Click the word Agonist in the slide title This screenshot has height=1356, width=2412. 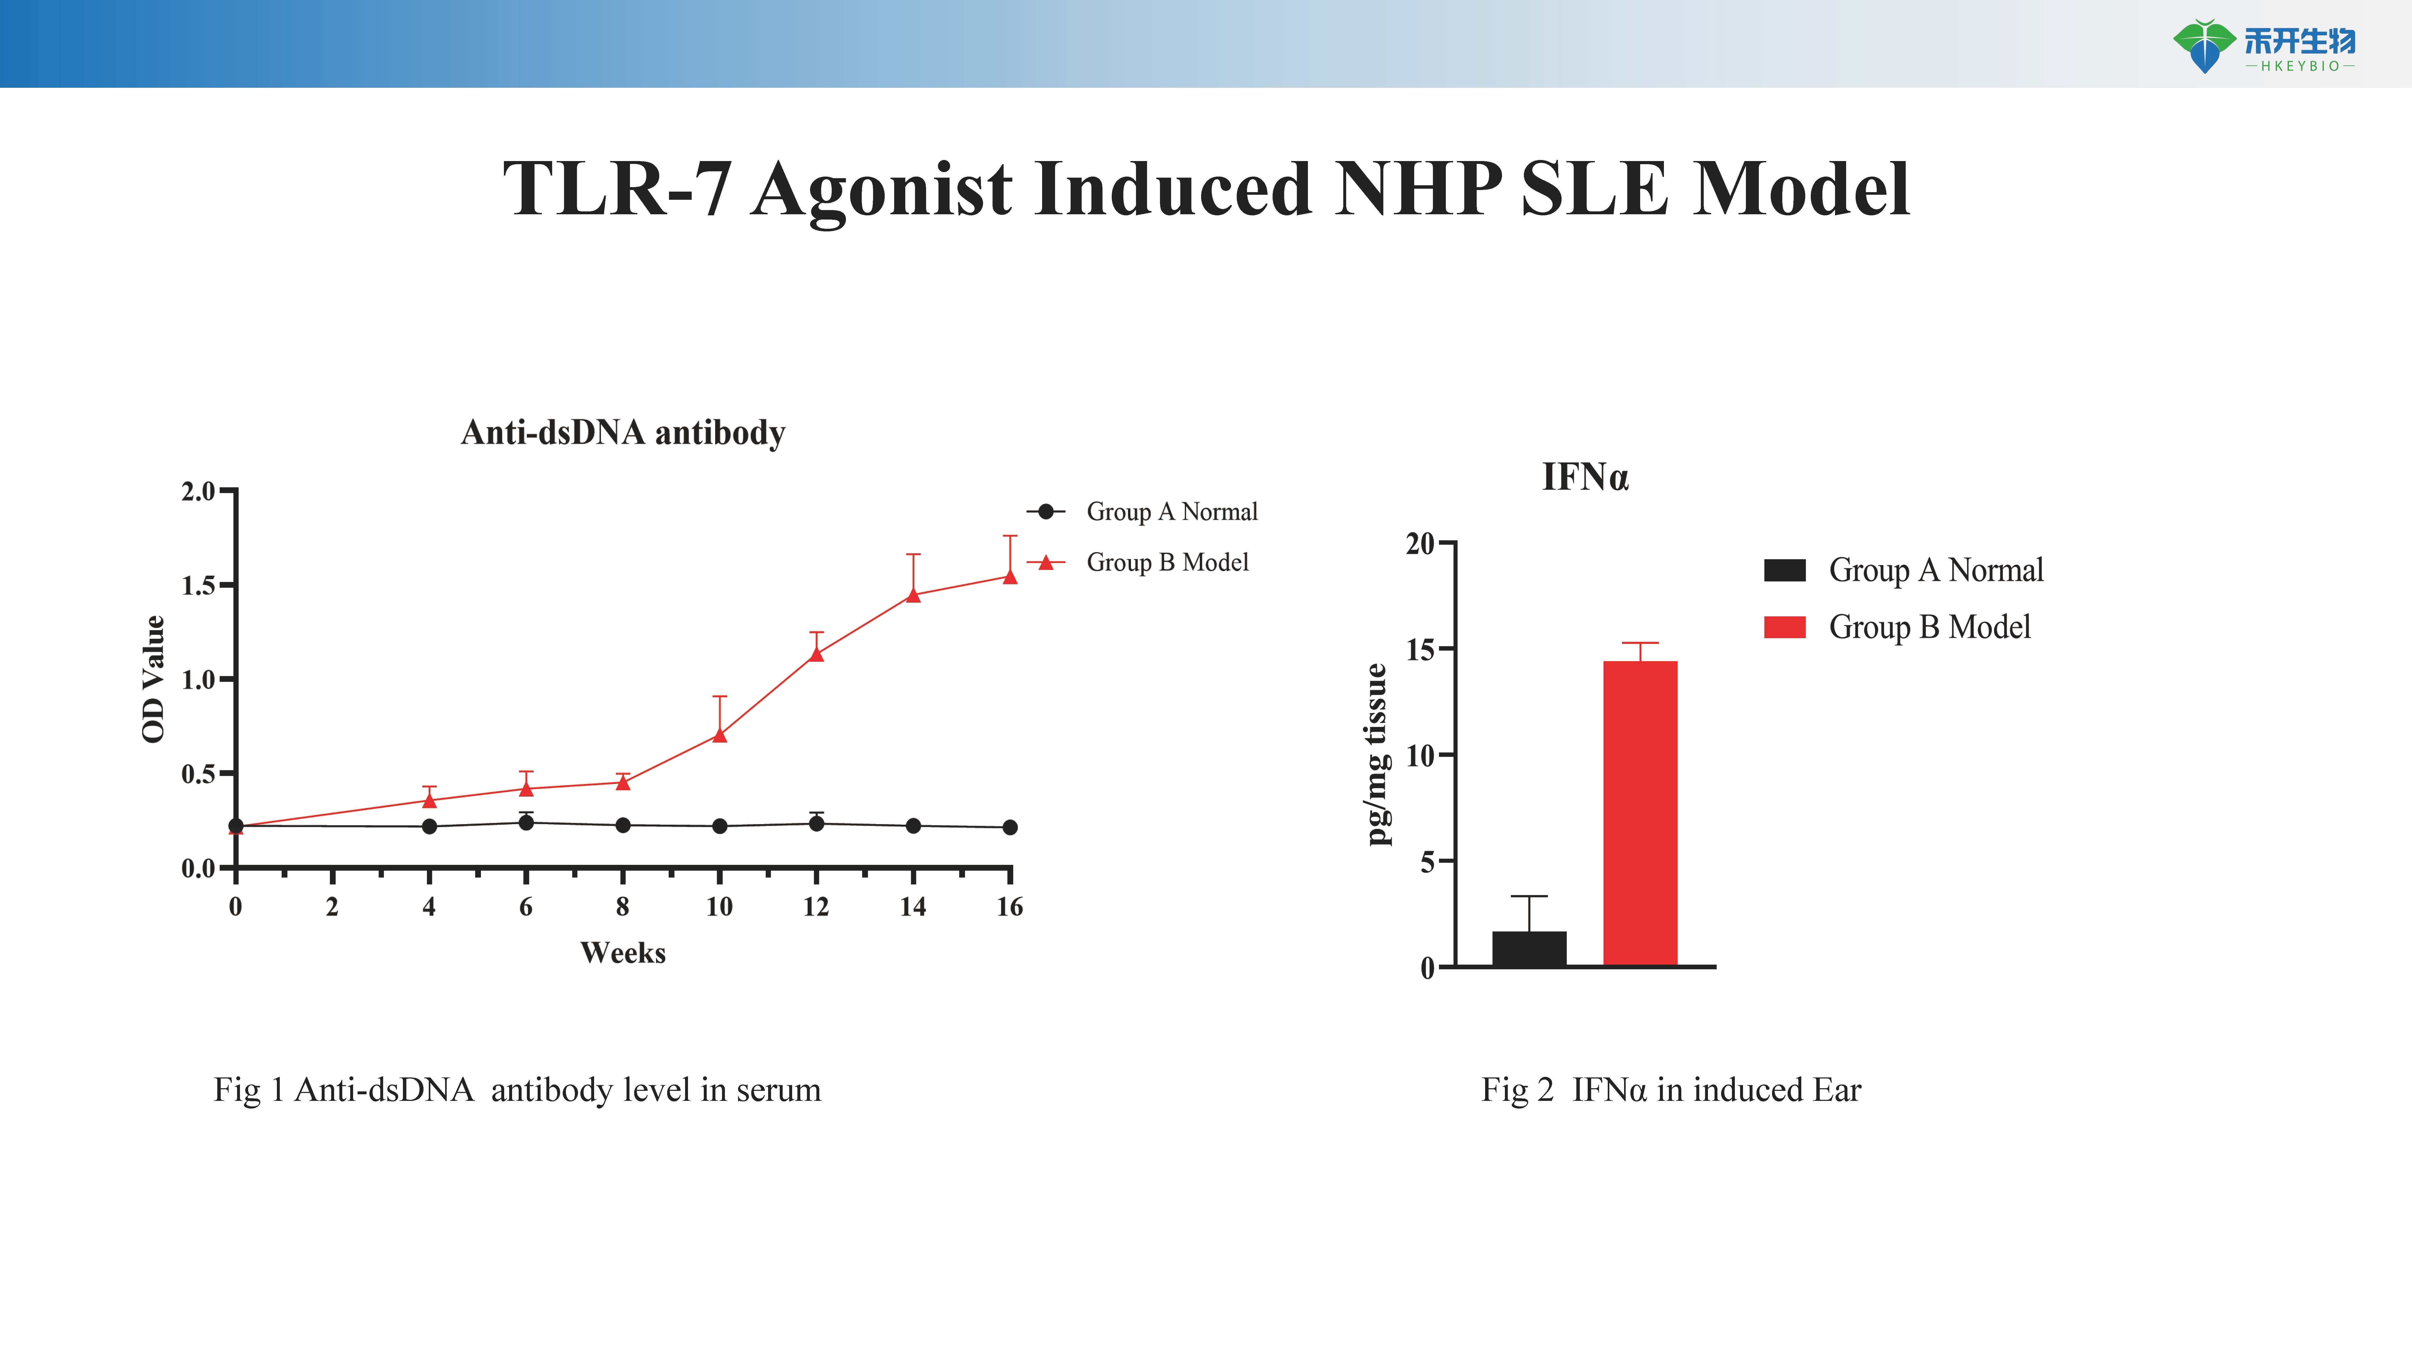coord(880,190)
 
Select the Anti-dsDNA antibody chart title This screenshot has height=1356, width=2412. coord(623,432)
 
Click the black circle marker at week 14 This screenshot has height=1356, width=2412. coord(913,825)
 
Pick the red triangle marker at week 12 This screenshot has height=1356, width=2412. coord(816,653)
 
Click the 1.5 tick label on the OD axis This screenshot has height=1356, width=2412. coord(198,586)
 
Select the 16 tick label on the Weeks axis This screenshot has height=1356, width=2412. coord(1009,907)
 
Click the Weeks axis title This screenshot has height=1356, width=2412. coord(623,953)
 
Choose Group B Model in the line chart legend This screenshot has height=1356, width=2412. coord(1167,562)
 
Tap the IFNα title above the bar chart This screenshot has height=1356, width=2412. coord(1585,477)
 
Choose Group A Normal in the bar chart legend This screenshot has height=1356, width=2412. coord(1936,570)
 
